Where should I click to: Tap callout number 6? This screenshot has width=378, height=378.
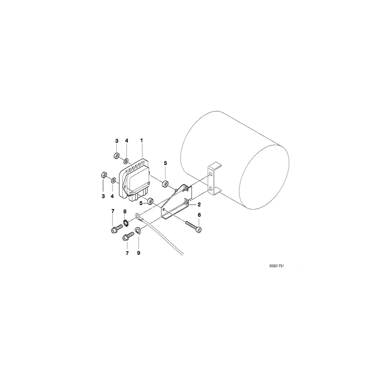(199, 215)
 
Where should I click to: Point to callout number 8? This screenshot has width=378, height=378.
(125, 211)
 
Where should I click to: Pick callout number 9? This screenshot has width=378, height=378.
(139, 253)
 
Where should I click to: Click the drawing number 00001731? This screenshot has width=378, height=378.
(280, 266)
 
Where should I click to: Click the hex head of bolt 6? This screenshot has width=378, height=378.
(199, 229)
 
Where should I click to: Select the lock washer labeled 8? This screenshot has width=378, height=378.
(126, 222)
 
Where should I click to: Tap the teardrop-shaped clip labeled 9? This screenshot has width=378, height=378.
(139, 231)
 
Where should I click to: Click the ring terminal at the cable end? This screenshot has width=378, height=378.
(138, 217)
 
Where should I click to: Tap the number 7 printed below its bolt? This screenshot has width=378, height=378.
(127, 253)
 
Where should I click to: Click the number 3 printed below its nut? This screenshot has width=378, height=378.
(103, 196)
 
